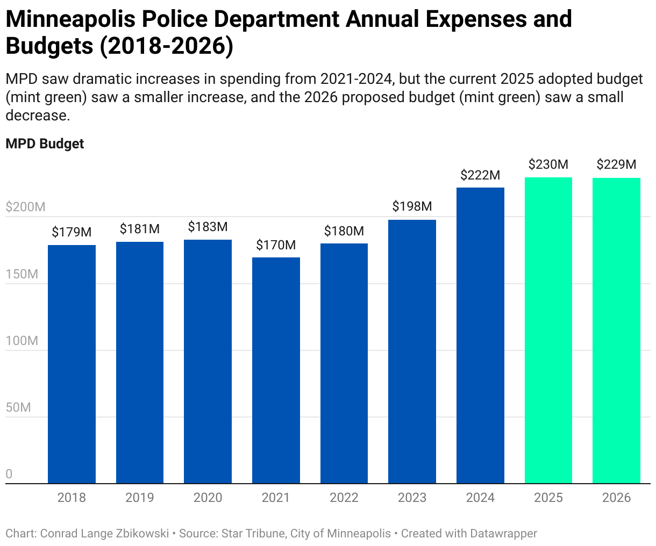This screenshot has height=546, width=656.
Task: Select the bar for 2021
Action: (276, 370)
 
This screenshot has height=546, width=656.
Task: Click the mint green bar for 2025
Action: (548, 331)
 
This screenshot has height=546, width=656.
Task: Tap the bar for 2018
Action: (72, 364)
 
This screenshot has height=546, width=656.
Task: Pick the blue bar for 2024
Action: (480, 335)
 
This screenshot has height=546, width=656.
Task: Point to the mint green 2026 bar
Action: (616, 331)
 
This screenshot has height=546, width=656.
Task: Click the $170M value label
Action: (276, 246)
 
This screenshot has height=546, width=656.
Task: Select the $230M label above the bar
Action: (548, 165)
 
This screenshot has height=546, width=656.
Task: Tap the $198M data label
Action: (412, 207)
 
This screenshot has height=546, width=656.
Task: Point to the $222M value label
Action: (480, 175)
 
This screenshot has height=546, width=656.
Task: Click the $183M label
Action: (208, 227)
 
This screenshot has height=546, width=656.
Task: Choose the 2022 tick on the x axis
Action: (344, 498)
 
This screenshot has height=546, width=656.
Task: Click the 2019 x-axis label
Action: (140, 498)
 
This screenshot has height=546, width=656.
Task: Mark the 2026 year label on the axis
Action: (616, 498)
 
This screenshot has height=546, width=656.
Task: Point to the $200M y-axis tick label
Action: (25, 207)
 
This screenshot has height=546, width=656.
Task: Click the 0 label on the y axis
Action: (9, 474)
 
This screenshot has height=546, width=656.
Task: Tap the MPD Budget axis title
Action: (45, 144)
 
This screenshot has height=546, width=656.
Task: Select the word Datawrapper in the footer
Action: (503, 534)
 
